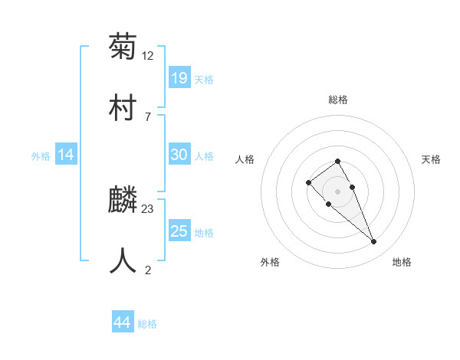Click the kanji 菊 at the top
[x=123, y=47]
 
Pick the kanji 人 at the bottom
[x=123, y=260]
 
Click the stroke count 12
[x=149, y=56]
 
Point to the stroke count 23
[x=149, y=208]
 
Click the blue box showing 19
[x=179, y=77]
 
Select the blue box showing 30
[x=179, y=155]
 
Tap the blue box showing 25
[x=179, y=231]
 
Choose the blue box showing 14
[x=66, y=155]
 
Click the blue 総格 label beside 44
[x=147, y=324]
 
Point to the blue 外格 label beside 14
[x=41, y=156]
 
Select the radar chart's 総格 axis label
[x=337, y=100]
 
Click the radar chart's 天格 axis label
[x=431, y=159]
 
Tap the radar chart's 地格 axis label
[x=402, y=262]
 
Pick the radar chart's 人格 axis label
[x=245, y=159]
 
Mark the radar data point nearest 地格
[x=374, y=242]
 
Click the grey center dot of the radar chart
[x=337, y=191]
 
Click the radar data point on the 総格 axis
[x=337, y=161]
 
